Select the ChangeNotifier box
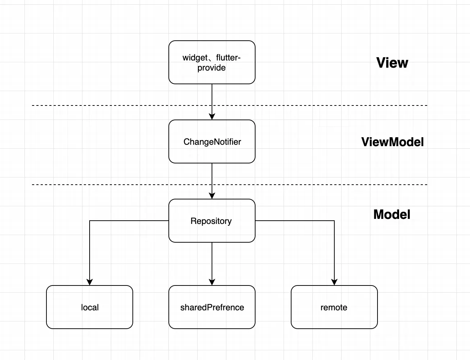[212, 141]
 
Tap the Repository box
[212, 221]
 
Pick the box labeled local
[90, 307]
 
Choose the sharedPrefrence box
[212, 307]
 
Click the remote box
[334, 307]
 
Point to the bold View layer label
[392, 63]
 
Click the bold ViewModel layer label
[392, 142]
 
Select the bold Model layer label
[392, 215]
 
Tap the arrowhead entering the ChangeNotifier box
[212, 116]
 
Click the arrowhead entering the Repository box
[212, 195]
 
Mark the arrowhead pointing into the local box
[90, 282]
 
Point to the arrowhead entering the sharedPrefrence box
[212, 282]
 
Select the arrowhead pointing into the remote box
[334, 282]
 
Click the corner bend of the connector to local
[90, 221]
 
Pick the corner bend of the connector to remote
[334, 221]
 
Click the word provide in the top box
[212, 68]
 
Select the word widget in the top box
[195, 58]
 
